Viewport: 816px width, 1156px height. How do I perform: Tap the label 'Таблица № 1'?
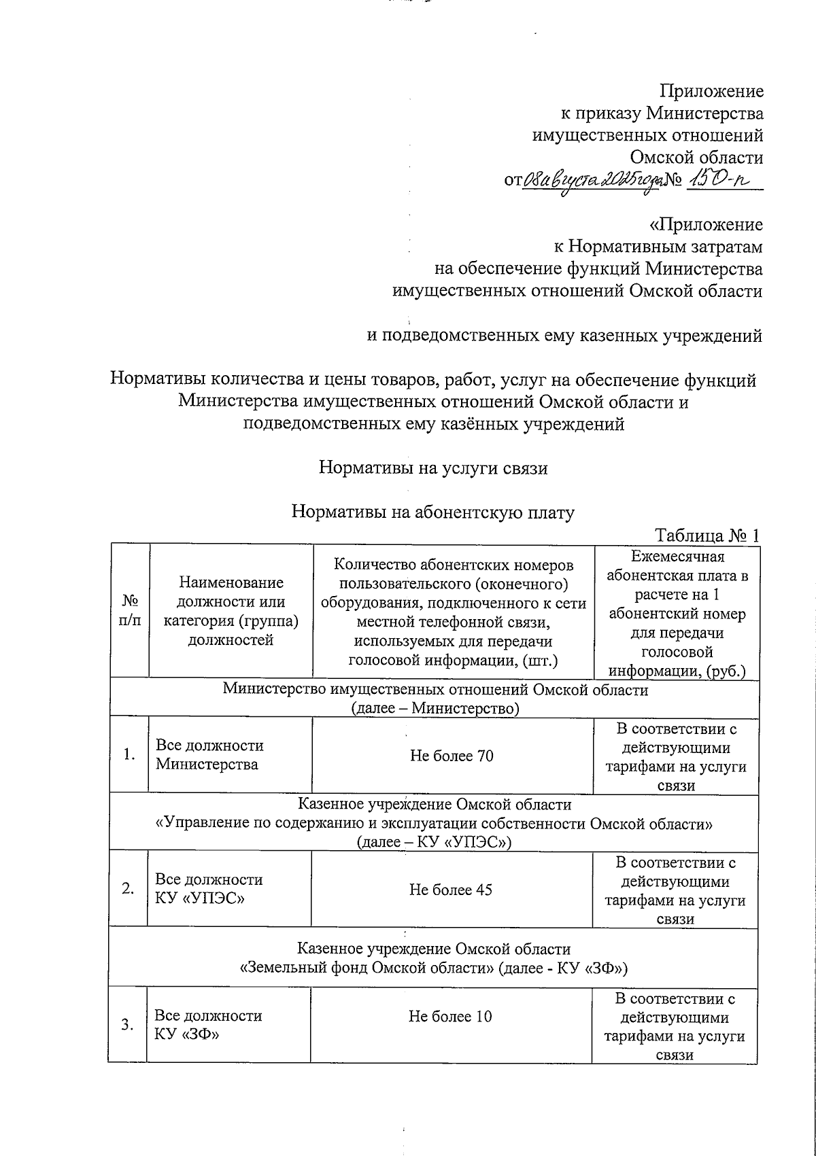coord(707,535)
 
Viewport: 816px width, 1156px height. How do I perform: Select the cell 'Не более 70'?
coord(452,756)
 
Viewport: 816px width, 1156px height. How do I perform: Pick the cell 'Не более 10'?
coord(449,1016)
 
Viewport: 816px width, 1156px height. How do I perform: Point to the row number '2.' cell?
coord(129,889)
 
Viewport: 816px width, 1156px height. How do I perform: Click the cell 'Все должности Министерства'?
coord(209,754)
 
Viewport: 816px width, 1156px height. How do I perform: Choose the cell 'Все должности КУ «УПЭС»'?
coord(209,889)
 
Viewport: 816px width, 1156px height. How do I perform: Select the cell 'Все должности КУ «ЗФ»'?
coord(208,1025)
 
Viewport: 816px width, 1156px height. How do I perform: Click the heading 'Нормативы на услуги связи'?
coord(433,468)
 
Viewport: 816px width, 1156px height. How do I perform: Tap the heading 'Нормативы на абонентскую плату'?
coord(433,512)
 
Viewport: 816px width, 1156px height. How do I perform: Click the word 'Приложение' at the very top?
coord(712,91)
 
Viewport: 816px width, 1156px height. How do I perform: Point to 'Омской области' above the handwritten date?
coord(696,158)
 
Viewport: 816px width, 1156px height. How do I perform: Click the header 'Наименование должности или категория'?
coord(231,611)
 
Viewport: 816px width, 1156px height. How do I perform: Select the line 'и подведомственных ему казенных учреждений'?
coord(564,336)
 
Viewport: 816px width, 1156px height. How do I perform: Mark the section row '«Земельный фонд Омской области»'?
coord(434,967)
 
